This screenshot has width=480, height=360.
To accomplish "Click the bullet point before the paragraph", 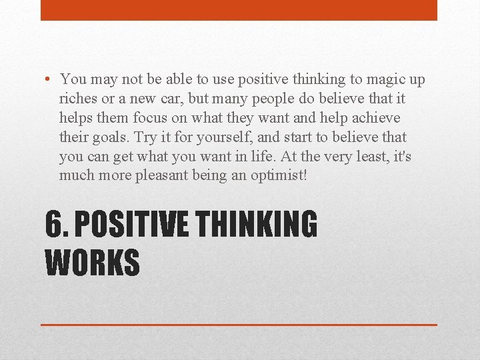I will tap(51, 80).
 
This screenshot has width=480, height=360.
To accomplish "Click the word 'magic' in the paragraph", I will tap(372, 80).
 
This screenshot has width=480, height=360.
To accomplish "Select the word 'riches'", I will tap(77, 99).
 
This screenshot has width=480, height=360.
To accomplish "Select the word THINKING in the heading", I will tap(256, 225).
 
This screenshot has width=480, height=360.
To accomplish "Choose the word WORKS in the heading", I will tap(92, 262).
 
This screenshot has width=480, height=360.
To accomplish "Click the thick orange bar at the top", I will tap(239, 10).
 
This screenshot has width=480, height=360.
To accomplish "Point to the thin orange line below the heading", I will tap(239, 325).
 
